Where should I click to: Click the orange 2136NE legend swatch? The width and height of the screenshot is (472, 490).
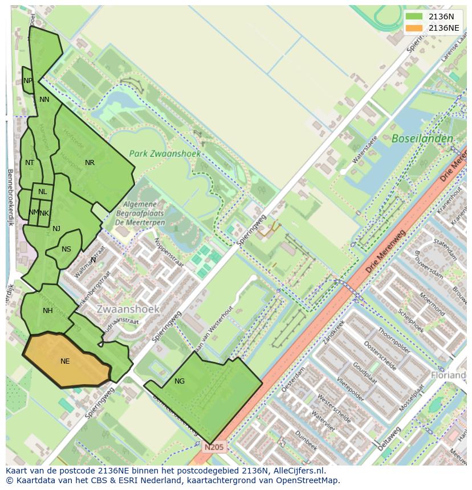tap(414, 28)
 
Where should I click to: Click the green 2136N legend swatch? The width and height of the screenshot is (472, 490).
tap(414, 17)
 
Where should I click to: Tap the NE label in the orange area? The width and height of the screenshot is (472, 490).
tap(65, 361)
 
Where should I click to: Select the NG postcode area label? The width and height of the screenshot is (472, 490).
tap(180, 381)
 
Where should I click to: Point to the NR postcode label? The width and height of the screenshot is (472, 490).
tap(89, 163)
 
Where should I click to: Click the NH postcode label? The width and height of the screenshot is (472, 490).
tap(47, 311)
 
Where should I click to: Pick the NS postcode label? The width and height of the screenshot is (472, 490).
tap(66, 249)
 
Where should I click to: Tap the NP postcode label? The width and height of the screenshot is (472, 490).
tap(28, 81)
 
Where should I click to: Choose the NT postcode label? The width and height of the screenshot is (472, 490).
tap(30, 163)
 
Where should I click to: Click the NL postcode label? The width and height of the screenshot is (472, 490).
tap(43, 192)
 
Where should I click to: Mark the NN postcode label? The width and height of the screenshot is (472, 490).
tap(44, 100)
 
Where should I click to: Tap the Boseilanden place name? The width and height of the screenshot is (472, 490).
tap(422, 139)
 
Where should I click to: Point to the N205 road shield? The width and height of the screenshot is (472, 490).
tap(215, 448)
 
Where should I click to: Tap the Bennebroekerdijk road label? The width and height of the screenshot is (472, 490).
tap(10, 196)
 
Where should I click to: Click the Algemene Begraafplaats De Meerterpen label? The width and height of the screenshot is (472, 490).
tap(144, 213)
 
